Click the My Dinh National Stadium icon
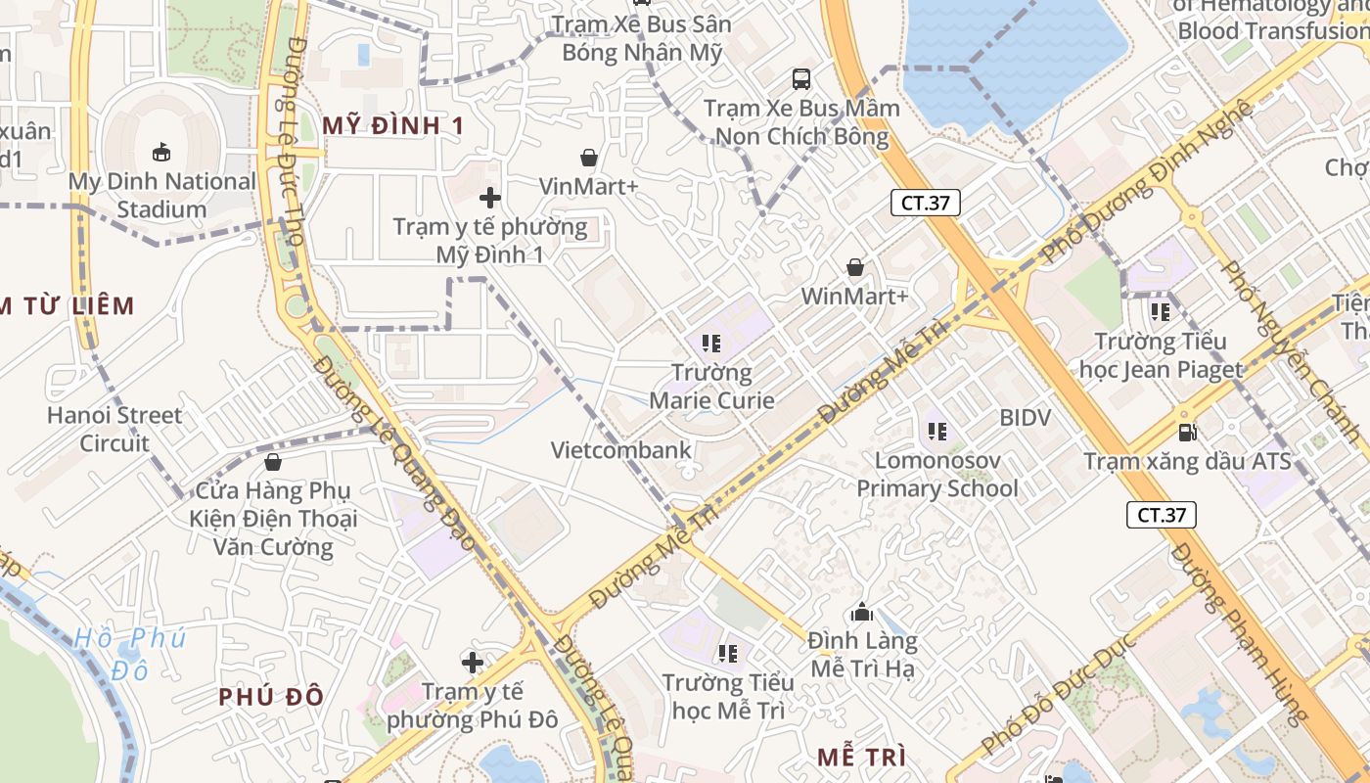pyautogui.click(x=160, y=152)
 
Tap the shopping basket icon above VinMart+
pyautogui.click(x=589, y=158)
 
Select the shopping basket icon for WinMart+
pyautogui.click(x=855, y=267)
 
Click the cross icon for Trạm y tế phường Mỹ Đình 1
pyautogui.click(x=489, y=199)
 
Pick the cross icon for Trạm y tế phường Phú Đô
pyautogui.click(x=473, y=663)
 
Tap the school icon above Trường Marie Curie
pyautogui.click(x=711, y=344)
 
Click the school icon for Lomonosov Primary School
pyautogui.click(x=936, y=431)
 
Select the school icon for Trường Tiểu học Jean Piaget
pyautogui.click(x=1161, y=312)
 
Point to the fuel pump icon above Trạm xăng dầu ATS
pyautogui.click(x=1187, y=432)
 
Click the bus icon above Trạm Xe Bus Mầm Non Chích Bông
pyautogui.click(x=801, y=78)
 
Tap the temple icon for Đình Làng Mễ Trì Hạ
pyautogui.click(x=862, y=613)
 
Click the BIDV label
pyautogui.click(x=1025, y=418)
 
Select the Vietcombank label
pyautogui.click(x=620, y=450)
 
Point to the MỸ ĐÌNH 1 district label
pyautogui.click(x=392, y=125)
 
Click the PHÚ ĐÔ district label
pyautogui.click(x=270, y=697)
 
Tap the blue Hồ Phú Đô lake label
pyautogui.click(x=129, y=654)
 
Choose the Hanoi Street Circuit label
pyautogui.click(x=114, y=429)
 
